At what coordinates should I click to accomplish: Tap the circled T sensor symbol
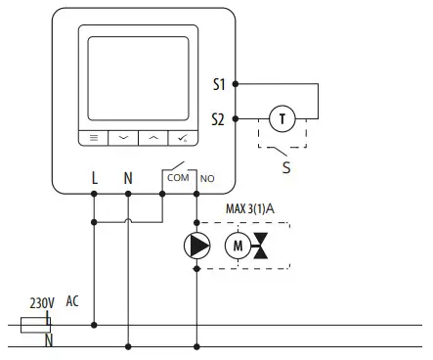(x=283, y=118)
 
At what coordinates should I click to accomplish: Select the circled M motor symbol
(x=238, y=246)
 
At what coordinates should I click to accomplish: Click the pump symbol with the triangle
(x=197, y=246)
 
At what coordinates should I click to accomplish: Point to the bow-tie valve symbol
(x=262, y=247)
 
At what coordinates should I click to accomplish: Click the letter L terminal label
(x=94, y=178)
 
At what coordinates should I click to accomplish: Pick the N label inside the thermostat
(x=128, y=178)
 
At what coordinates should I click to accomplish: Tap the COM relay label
(x=179, y=177)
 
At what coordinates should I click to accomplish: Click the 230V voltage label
(x=43, y=303)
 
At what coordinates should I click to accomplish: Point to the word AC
(x=73, y=302)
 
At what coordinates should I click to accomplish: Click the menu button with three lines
(x=94, y=139)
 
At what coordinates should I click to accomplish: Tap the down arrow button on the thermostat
(x=124, y=139)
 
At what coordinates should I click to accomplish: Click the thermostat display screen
(x=139, y=77)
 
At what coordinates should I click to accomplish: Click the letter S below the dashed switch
(x=285, y=167)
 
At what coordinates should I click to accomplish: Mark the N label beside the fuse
(x=49, y=340)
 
